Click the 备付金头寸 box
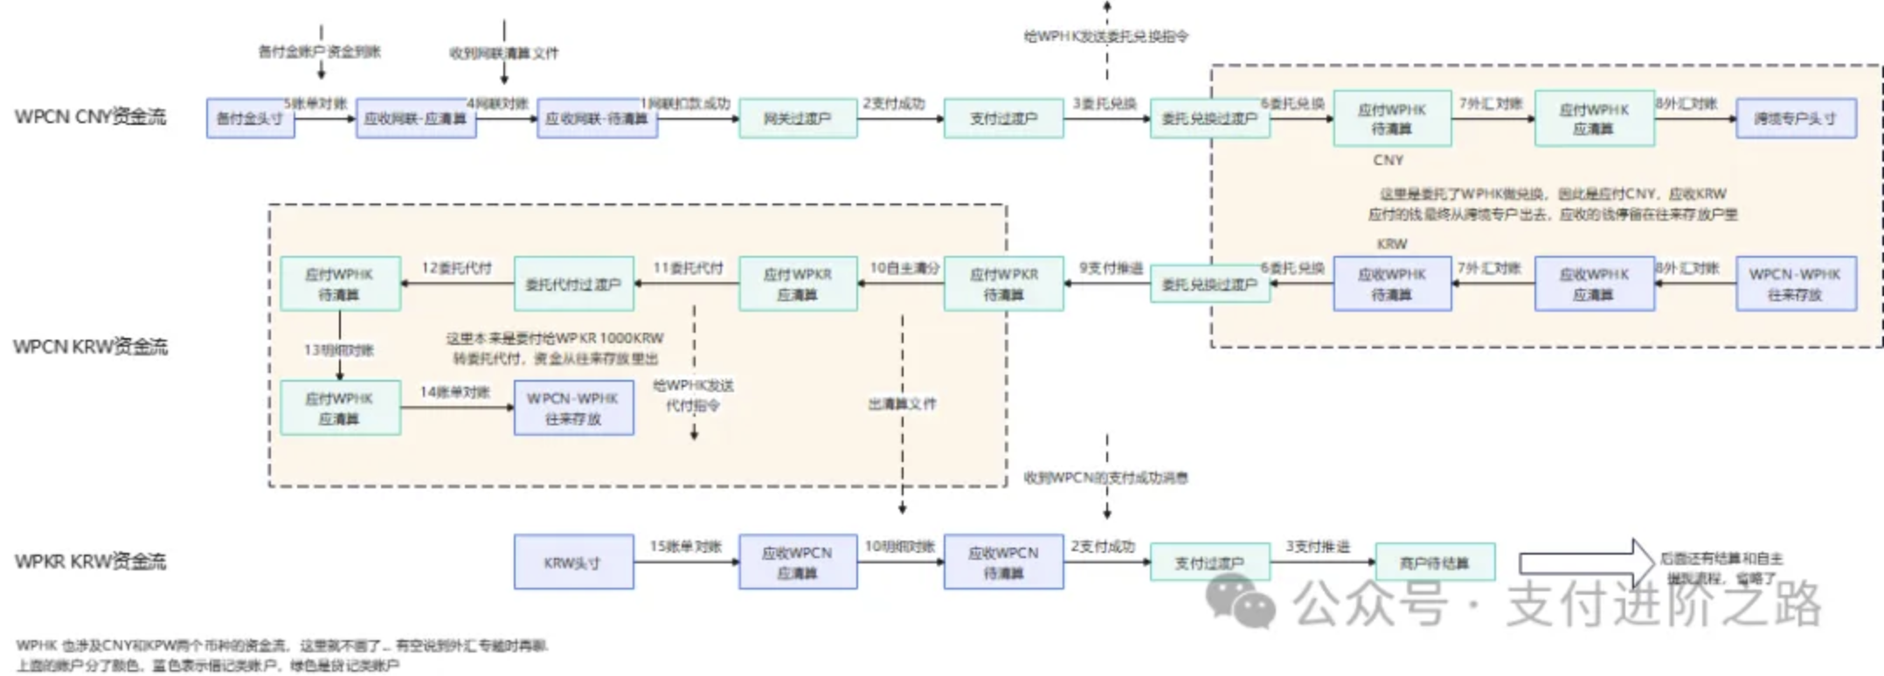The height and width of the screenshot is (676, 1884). coord(250,119)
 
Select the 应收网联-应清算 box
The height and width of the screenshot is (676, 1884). coord(416,119)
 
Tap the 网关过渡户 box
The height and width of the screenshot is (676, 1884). coord(798,119)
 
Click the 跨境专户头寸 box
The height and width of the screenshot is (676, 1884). coord(1796,119)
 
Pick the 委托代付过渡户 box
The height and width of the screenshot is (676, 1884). coord(573,285)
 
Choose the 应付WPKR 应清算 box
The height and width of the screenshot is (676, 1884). coord(798,285)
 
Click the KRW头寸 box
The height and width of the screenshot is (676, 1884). coord(573,563)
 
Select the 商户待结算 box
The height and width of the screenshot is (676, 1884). coord(1435,563)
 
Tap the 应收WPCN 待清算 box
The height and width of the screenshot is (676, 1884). coord(1003,563)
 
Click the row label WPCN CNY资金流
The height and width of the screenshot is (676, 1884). coord(90,117)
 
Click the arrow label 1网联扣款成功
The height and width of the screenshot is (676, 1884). coord(686,104)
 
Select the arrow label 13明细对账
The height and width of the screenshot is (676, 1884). coord(339,350)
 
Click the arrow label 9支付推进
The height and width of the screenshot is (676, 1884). coord(1111,268)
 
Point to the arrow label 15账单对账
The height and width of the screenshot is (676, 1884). coord(686,547)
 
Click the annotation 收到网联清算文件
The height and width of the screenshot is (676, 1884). coord(504,53)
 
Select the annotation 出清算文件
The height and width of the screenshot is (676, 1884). coord(902,404)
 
